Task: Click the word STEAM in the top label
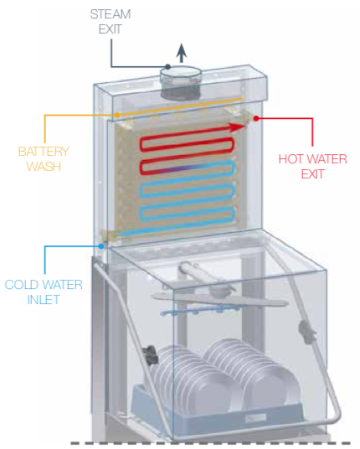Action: pos(111,14)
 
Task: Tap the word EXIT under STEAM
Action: pos(111,29)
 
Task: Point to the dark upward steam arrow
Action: pos(181,53)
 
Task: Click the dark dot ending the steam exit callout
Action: pos(168,67)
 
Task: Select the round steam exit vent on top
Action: pos(180,82)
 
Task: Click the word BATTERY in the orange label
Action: pos(44,152)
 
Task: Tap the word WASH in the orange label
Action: pos(44,167)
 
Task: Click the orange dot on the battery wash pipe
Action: pos(117,115)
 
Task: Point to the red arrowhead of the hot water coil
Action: pos(238,127)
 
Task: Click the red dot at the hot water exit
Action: pos(256,118)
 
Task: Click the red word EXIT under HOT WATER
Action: pos(312,174)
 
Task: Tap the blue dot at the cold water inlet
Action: pos(101,246)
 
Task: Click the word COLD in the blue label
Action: pos(22,285)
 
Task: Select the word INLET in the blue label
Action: pos(44,300)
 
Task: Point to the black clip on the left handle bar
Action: pos(150,355)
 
